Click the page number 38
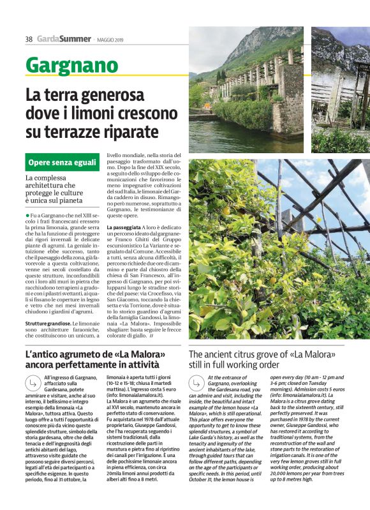pyautogui.click(x=29, y=39)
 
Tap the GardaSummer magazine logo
pyautogui.click(x=64, y=39)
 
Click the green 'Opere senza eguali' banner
pyautogui.click(x=63, y=163)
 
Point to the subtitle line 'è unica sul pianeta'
pyautogui.click(x=55, y=200)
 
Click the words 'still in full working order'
pyautogui.click(x=234, y=365)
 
